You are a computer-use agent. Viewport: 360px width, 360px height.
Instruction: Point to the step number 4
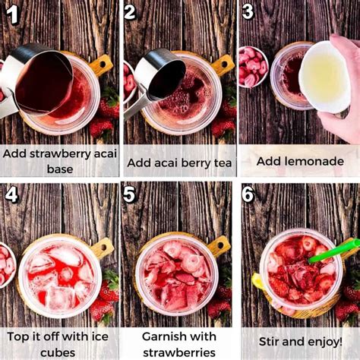[11, 194]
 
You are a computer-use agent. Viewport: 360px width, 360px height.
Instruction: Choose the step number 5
[130, 194]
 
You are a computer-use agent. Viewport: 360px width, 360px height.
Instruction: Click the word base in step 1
[60, 169]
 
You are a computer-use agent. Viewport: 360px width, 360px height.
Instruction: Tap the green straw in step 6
[334, 250]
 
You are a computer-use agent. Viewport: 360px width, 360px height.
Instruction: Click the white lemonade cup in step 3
[324, 76]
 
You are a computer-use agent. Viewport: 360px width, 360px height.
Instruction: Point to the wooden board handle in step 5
[218, 245]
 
